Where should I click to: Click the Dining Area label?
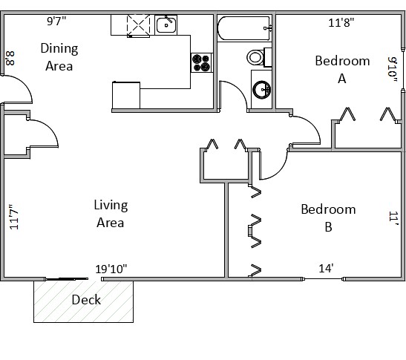(59, 56)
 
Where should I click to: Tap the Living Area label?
(111, 214)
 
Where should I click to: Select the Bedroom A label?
(342, 69)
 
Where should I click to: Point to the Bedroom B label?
(328, 217)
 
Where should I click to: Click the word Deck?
(86, 300)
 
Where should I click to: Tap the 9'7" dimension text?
(56, 21)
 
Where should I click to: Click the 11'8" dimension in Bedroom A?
(341, 22)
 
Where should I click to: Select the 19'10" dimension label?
(111, 269)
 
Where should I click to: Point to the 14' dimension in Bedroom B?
(326, 268)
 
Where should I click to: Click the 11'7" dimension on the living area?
(14, 217)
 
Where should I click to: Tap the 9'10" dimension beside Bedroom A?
(393, 70)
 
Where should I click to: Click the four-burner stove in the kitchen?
(202, 62)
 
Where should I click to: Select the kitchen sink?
(166, 24)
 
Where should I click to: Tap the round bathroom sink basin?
(261, 90)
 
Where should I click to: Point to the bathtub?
(244, 28)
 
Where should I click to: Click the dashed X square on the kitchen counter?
(138, 25)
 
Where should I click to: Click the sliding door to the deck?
(66, 279)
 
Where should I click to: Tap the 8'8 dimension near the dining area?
(10, 59)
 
